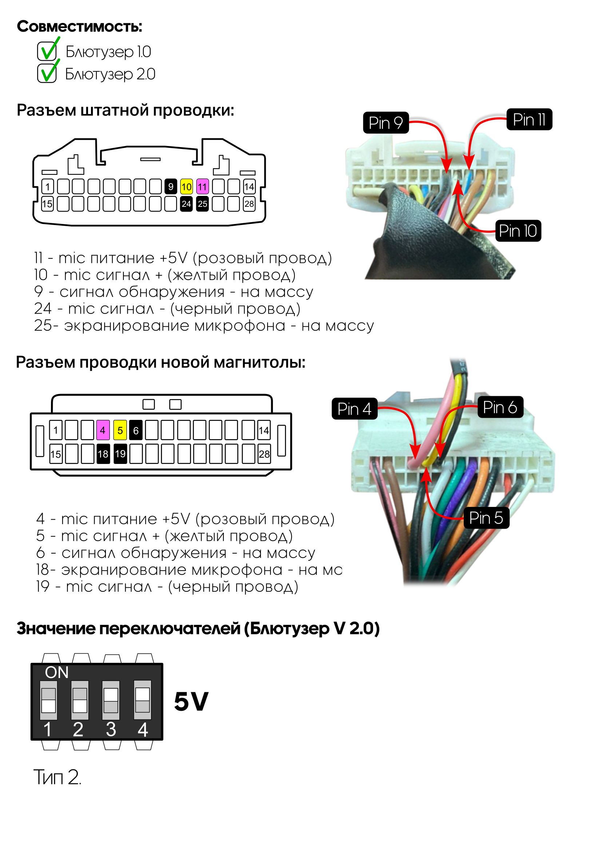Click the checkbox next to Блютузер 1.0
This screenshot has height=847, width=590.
47,51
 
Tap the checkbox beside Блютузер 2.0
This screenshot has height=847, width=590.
47,73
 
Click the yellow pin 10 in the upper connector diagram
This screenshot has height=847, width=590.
186,187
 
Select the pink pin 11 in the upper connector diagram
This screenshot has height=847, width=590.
202,187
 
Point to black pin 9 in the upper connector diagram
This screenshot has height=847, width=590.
170,187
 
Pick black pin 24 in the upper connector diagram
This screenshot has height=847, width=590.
186,204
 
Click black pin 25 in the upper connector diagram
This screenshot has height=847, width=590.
202,204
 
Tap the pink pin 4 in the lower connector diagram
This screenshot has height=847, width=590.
103,430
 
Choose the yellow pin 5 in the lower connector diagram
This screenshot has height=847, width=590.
120,430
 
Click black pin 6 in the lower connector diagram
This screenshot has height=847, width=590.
136,430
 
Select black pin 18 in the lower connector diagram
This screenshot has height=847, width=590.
103,454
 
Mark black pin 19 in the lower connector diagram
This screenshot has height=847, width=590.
120,454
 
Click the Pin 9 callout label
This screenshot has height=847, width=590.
385,122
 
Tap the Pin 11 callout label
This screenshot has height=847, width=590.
529,119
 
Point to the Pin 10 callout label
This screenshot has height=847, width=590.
518,231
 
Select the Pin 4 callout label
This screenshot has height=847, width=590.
354,409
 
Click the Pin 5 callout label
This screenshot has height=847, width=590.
486,518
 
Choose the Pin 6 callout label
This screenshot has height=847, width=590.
500,407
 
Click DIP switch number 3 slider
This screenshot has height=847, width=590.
111,700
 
